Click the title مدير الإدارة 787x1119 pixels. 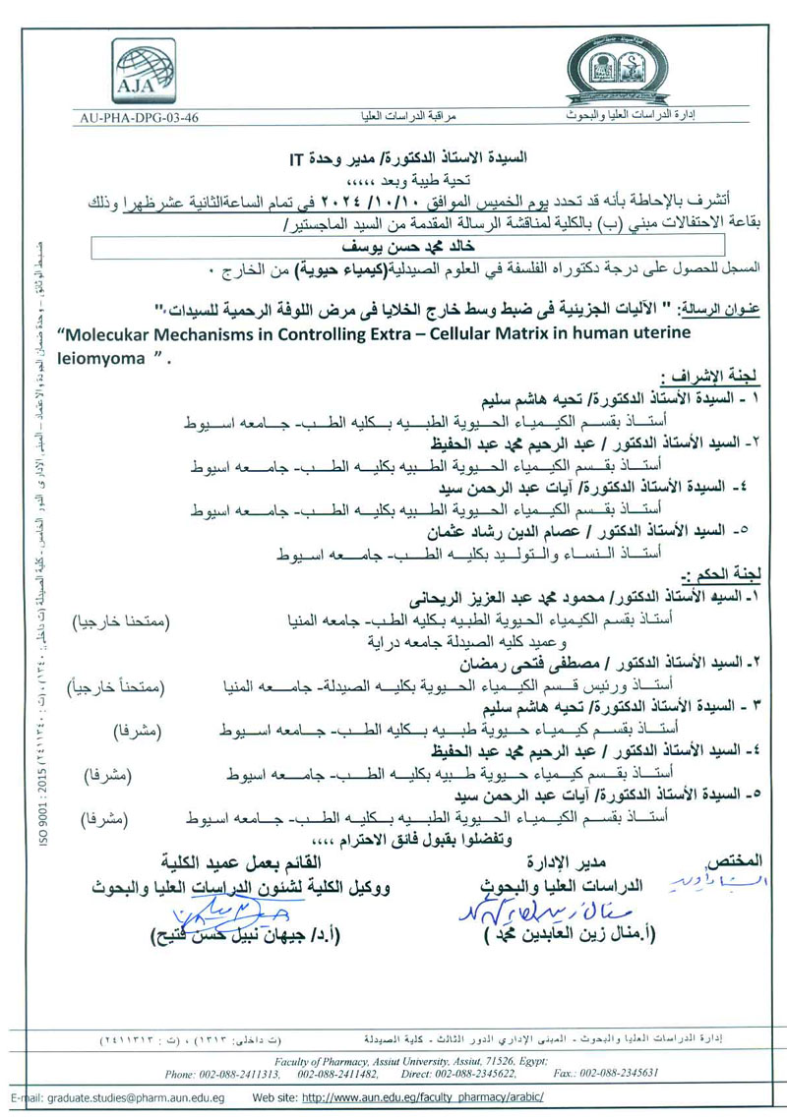(x=565, y=862)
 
